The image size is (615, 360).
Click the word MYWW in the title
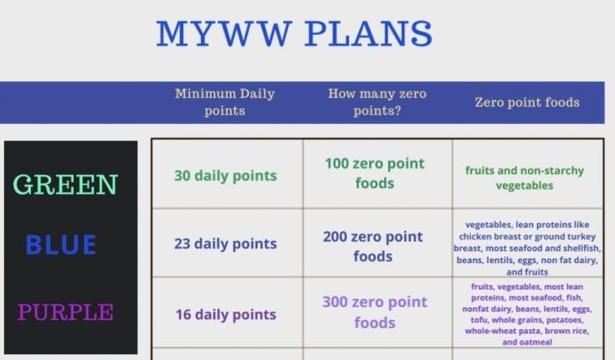coord(220,33)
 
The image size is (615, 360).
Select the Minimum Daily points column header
coord(224,102)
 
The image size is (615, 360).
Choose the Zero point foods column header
coord(527,103)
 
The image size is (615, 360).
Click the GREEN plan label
coord(65,184)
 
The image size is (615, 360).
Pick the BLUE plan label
coord(61,244)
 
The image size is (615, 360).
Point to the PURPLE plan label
coord(65,312)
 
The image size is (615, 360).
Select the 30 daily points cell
coord(225,176)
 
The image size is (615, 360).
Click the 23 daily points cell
coord(225,244)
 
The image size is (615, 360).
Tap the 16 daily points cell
coord(225,315)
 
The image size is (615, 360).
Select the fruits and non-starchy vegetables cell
coord(525,177)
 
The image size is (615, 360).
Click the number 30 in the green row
coord(183,176)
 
